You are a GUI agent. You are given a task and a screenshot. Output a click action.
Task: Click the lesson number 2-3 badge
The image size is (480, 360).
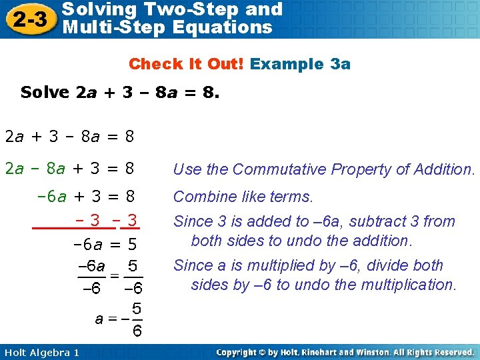coord(29,19)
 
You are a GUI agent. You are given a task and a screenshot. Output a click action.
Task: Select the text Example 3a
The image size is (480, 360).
coord(301,64)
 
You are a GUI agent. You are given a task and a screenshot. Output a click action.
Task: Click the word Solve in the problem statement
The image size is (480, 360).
coord(45,92)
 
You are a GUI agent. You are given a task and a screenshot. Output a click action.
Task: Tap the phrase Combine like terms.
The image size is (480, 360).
coord(243,197)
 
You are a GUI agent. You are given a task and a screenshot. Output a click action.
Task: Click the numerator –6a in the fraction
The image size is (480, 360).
coord(91,267)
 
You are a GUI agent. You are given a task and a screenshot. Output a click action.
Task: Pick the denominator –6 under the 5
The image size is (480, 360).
coord(133,288)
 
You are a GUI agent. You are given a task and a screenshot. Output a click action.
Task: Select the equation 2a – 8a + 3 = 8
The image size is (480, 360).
coord(70,169)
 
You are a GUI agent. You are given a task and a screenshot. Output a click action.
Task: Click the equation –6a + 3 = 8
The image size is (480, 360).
coord(86,197)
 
